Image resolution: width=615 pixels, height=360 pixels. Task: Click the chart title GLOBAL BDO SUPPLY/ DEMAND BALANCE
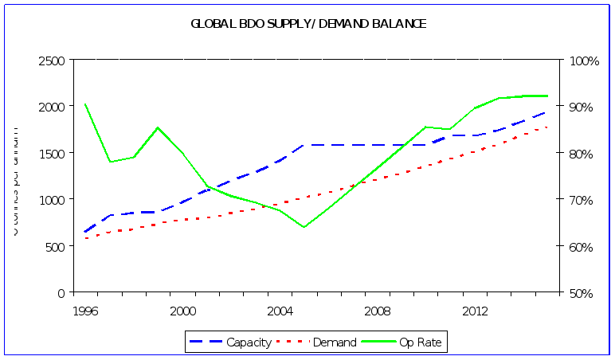[x=308, y=24]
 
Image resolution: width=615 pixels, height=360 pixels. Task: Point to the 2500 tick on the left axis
[x=52, y=61]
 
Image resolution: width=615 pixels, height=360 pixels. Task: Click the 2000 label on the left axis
[x=52, y=107]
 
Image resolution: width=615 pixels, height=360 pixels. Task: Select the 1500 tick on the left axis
[x=52, y=153]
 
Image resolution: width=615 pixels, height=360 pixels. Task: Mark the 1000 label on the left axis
[x=52, y=199]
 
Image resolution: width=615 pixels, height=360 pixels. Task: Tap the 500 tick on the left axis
[x=56, y=246]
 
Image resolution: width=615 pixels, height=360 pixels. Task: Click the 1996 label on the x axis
[x=85, y=309]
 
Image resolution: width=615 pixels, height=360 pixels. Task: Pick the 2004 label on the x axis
[x=280, y=309]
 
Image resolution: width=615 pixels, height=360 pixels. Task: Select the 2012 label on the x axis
[x=475, y=309]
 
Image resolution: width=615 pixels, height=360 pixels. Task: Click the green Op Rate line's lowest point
[x=304, y=227]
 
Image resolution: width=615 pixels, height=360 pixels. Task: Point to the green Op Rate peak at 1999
[x=158, y=127]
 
